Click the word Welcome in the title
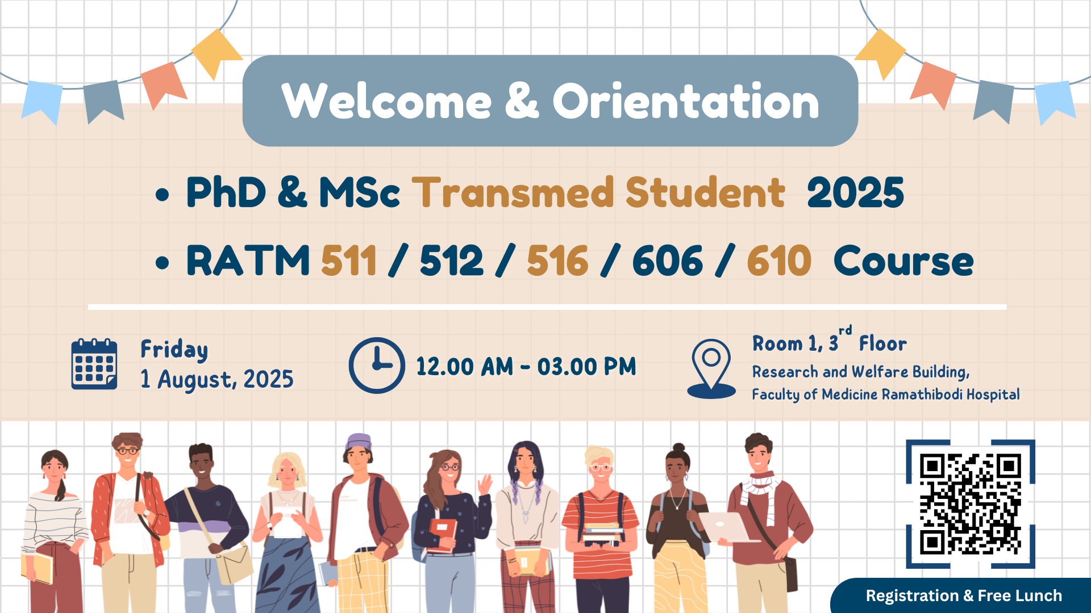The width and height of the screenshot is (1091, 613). pyautogui.click(x=386, y=101)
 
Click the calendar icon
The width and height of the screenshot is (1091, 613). pyautogui.click(x=94, y=364)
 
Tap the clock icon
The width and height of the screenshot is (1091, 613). pyautogui.click(x=377, y=366)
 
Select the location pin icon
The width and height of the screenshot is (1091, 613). pyautogui.click(x=711, y=369)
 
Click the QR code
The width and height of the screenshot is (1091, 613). pyautogui.click(x=971, y=504)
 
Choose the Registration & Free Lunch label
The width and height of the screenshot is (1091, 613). pyautogui.click(x=964, y=595)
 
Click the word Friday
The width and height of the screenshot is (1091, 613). pyautogui.click(x=174, y=350)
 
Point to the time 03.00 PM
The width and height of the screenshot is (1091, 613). pyautogui.click(x=587, y=367)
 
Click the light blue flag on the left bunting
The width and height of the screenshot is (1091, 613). pyautogui.click(x=42, y=101)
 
